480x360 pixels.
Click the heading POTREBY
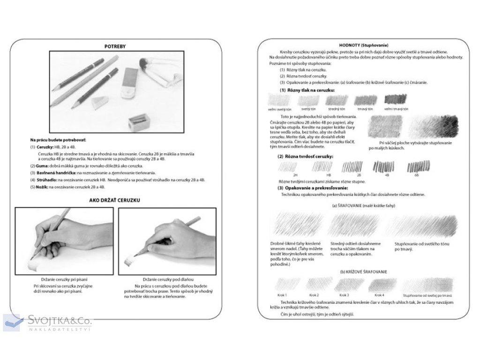point(114,46)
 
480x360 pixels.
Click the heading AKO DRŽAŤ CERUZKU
point(115,200)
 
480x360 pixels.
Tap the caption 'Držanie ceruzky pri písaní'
point(64,279)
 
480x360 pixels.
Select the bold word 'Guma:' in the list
point(41,166)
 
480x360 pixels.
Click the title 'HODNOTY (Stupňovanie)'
point(364,45)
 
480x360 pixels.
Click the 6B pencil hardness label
point(416,175)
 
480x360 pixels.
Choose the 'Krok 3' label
point(344,295)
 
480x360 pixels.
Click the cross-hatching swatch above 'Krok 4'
point(380,284)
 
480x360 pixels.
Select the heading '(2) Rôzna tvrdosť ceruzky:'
point(306,156)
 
